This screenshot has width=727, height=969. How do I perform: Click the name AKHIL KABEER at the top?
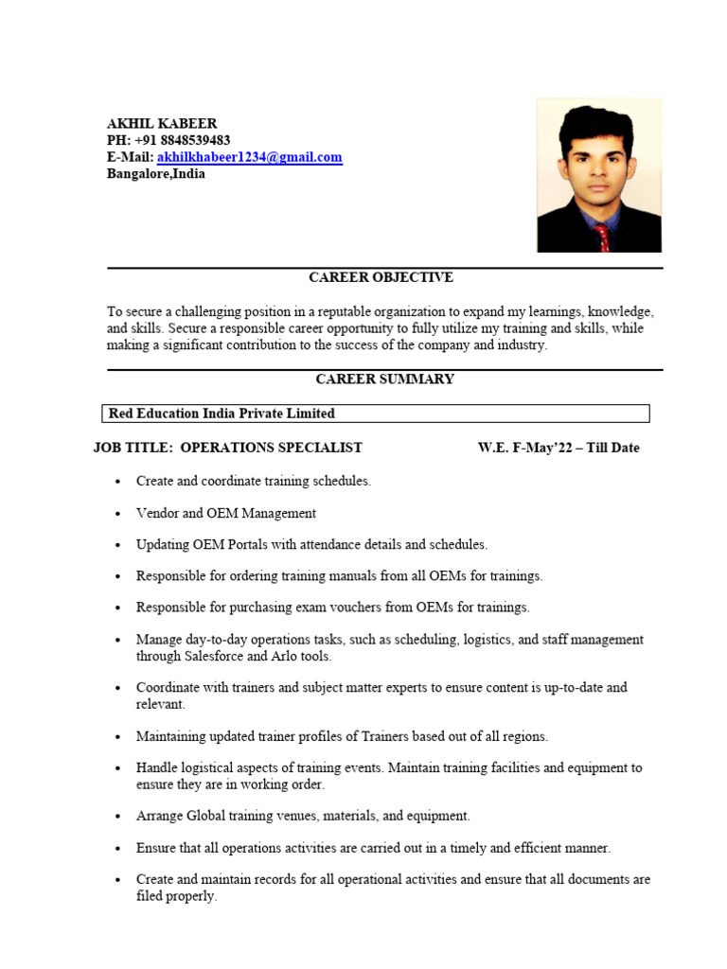click(162, 123)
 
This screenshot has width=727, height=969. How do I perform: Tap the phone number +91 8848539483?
click(183, 140)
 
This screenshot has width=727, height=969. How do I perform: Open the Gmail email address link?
click(250, 157)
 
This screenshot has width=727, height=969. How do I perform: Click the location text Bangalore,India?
click(155, 174)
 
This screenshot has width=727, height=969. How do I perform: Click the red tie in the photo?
click(602, 237)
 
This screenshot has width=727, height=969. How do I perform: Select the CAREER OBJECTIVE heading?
click(381, 277)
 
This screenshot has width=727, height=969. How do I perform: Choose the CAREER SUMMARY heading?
click(384, 379)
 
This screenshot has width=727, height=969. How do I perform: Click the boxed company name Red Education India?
click(222, 414)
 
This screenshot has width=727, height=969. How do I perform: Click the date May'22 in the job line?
click(548, 448)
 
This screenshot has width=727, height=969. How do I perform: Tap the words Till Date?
click(613, 448)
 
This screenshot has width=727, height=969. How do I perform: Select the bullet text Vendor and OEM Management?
click(226, 513)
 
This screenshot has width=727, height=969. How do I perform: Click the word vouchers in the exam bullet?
click(351, 607)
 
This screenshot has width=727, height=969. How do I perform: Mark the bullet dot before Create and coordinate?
click(117, 482)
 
